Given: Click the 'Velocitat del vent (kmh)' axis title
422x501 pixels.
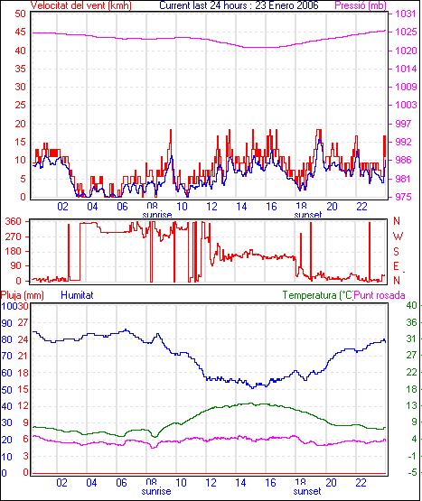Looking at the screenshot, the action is (x=81, y=5).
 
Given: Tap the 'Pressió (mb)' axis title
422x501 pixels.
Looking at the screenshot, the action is (x=361, y=5).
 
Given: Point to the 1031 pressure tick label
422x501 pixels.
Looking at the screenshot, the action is (x=406, y=14).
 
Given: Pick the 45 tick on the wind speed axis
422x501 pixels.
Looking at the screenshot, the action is (x=20, y=32).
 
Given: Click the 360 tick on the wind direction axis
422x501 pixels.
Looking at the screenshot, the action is (x=14, y=221).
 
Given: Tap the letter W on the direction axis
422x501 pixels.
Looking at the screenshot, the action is (x=398, y=237).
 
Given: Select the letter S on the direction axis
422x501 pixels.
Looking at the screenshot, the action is (x=396, y=252).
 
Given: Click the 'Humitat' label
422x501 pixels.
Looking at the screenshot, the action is (x=77, y=295).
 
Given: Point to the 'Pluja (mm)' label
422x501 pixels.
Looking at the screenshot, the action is (x=22, y=295).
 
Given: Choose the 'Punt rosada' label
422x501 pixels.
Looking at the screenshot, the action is (x=380, y=295).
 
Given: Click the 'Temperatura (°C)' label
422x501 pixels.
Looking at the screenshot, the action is (x=318, y=295).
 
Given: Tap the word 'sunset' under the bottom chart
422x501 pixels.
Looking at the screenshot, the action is (x=307, y=491).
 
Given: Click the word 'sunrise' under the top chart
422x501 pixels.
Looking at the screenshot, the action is (x=156, y=215).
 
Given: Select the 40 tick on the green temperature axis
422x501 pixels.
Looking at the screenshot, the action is (x=411, y=305).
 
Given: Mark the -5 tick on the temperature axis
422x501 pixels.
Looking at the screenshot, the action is (x=412, y=472).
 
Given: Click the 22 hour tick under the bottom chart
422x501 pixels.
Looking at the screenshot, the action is (x=361, y=482).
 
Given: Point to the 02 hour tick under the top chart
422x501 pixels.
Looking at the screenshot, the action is (x=62, y=207).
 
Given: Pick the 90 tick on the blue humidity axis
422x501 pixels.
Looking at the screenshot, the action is (x=6, y=323).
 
